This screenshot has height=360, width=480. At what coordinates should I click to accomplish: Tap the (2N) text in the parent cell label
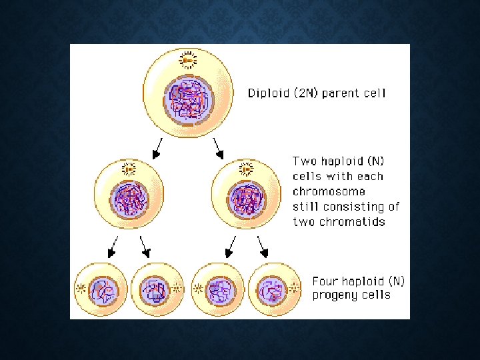[303, 93]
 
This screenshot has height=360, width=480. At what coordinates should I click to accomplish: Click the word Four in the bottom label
[325, 281]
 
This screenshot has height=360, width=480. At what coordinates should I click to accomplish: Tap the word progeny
[335, 295]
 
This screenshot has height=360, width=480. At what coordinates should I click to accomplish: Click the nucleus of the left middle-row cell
[130, 198]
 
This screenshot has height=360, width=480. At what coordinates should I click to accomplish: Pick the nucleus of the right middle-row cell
[247, 198]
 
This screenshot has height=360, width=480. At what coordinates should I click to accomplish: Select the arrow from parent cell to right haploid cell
[218, 148]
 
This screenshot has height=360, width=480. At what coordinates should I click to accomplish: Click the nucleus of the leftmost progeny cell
[104, 289]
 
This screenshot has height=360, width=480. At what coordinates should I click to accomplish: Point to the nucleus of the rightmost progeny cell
[271, 289]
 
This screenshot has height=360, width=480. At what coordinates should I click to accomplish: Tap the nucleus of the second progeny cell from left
[155, 289]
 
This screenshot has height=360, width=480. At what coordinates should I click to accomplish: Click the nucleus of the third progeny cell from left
[219, 289]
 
